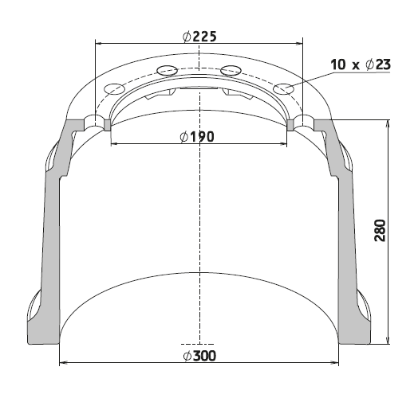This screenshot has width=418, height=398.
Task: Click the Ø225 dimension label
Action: pyautogui.click(x=199, y=37)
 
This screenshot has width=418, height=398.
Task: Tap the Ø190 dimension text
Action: pyautogui.click(x=197, y=137)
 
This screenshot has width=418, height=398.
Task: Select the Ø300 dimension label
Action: pyautogui.click(x=199, y=356)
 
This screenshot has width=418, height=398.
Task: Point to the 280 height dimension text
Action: pyautogui.click(x=380, y=230)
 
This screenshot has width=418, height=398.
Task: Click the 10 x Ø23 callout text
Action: pyautogui.click(x=361, y=64)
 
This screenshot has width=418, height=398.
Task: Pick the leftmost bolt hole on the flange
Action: pyautogui.click(x=114, y=89)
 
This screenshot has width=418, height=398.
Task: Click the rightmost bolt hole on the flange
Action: pyautogui.click(x=284, y=89)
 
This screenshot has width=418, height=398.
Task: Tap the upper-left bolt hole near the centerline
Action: pyautogui.click(x=168, y=70)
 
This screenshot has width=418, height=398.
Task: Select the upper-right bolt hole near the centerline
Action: pyautogui.click(x=231, y=70)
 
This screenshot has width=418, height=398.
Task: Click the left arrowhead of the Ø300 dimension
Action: pyautogui.click(x=63, y=362)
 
